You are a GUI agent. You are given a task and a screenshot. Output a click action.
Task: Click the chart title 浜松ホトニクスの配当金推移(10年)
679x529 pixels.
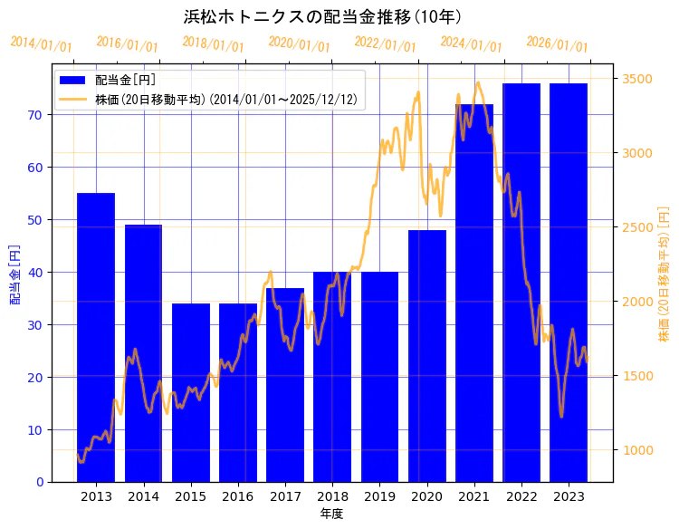323,17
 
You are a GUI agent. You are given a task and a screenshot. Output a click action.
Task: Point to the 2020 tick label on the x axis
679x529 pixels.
426,495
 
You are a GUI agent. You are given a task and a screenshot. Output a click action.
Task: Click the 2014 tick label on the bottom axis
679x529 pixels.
143,495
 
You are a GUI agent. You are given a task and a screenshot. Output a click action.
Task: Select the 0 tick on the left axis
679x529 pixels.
41,482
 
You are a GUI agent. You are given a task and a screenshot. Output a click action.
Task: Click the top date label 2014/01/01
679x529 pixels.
42,44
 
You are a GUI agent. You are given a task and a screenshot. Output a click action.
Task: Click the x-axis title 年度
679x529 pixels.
331,514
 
